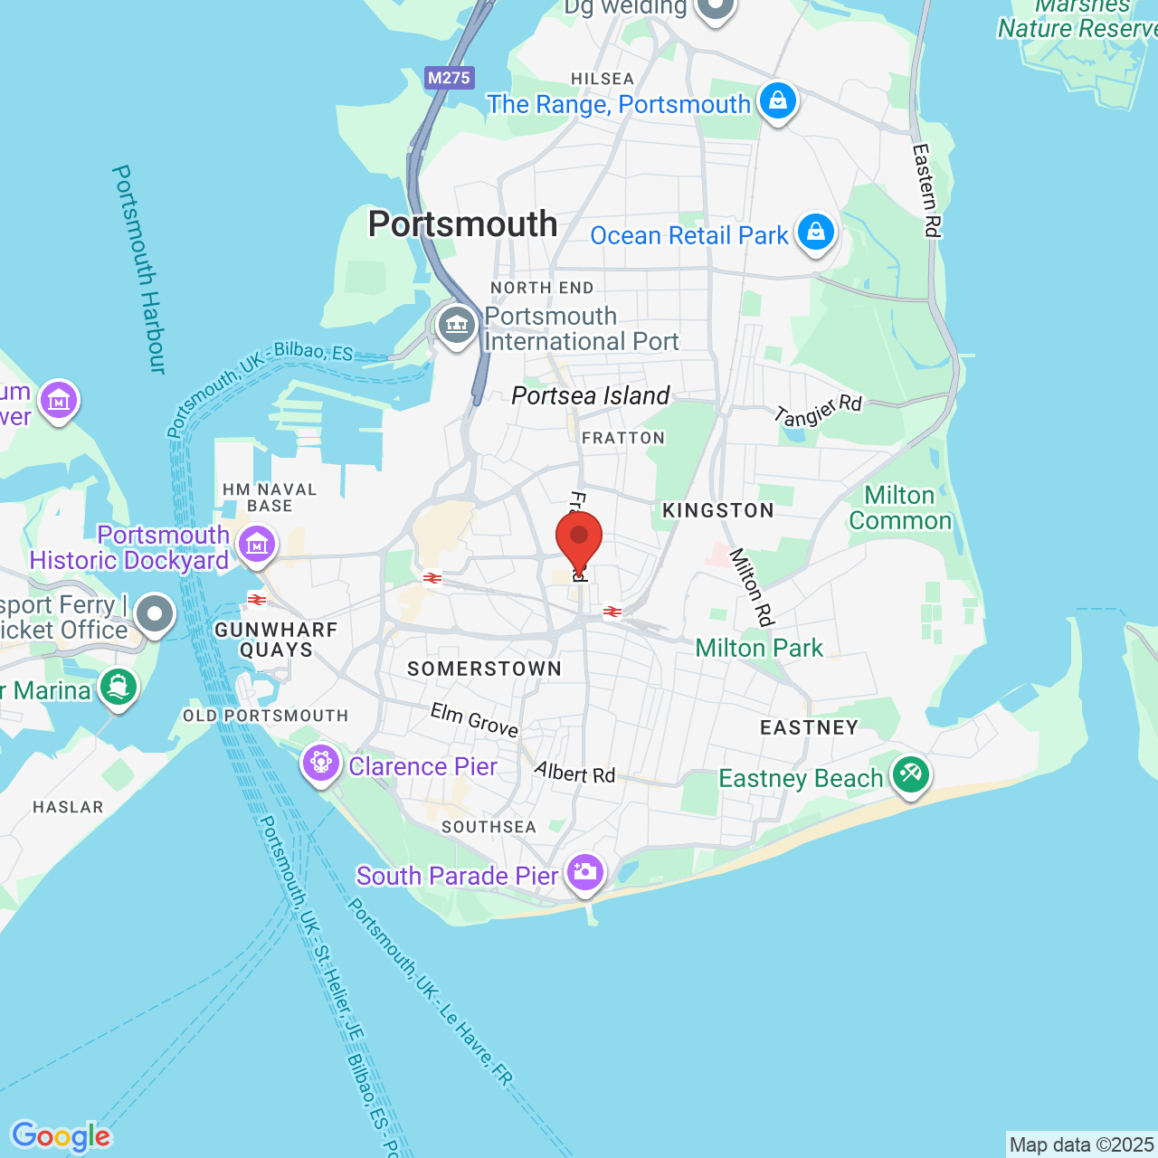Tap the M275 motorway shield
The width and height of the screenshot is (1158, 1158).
click(450, 78)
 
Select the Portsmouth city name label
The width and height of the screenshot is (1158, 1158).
click(462, 224)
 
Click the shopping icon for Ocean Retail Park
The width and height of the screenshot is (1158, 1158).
click(815, 232)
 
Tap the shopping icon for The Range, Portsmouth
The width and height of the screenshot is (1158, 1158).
click(777, 100)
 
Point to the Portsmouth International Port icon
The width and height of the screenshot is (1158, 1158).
click(457, 325)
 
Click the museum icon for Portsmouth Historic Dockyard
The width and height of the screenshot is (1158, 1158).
click(257, 545)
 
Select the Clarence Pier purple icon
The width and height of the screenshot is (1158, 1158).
click(320, 763)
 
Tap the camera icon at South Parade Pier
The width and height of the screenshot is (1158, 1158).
click(585, 872)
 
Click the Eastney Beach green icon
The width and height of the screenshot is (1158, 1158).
click(910, 774)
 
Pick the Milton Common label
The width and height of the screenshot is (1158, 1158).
click(900, 508)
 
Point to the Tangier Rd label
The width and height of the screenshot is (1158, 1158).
click(819, 410)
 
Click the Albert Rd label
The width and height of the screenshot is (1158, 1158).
click(574, 774)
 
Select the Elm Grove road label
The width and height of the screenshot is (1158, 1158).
click(474, 720)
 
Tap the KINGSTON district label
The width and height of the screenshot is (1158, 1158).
click(718, 511)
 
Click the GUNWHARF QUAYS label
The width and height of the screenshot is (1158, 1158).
click(276, 640)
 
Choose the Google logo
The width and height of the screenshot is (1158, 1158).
click(61, 1136)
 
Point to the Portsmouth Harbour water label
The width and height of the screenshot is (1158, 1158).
click(140, 269)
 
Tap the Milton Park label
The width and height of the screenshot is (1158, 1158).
click(759, 649)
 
